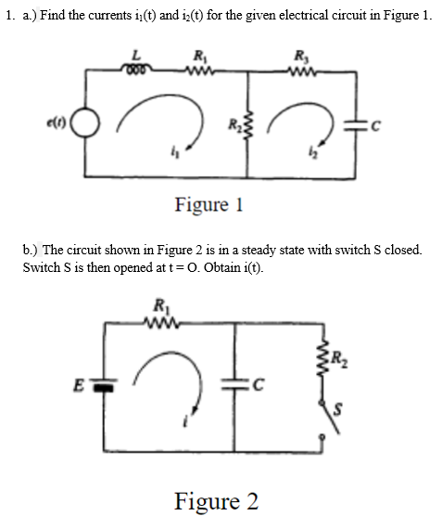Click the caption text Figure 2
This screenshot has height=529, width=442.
(217, 501)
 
